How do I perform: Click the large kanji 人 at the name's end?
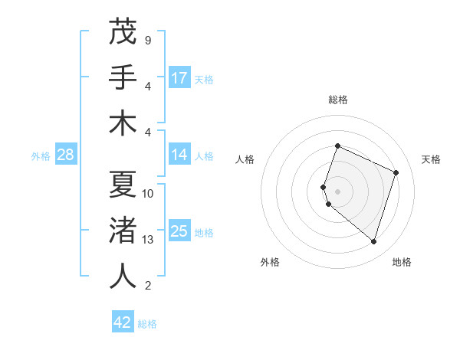123,277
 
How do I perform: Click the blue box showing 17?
179,77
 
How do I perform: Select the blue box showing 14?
179,155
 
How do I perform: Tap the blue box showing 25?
179,231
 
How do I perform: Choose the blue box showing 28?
66,155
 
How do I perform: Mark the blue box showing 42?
123,322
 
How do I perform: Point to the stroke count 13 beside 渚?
147,240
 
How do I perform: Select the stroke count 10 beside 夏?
147,194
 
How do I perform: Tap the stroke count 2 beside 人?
147,286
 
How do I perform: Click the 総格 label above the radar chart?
338,100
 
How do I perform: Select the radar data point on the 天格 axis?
396,172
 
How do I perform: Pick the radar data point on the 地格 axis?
373,242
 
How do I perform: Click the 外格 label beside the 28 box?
41,156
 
